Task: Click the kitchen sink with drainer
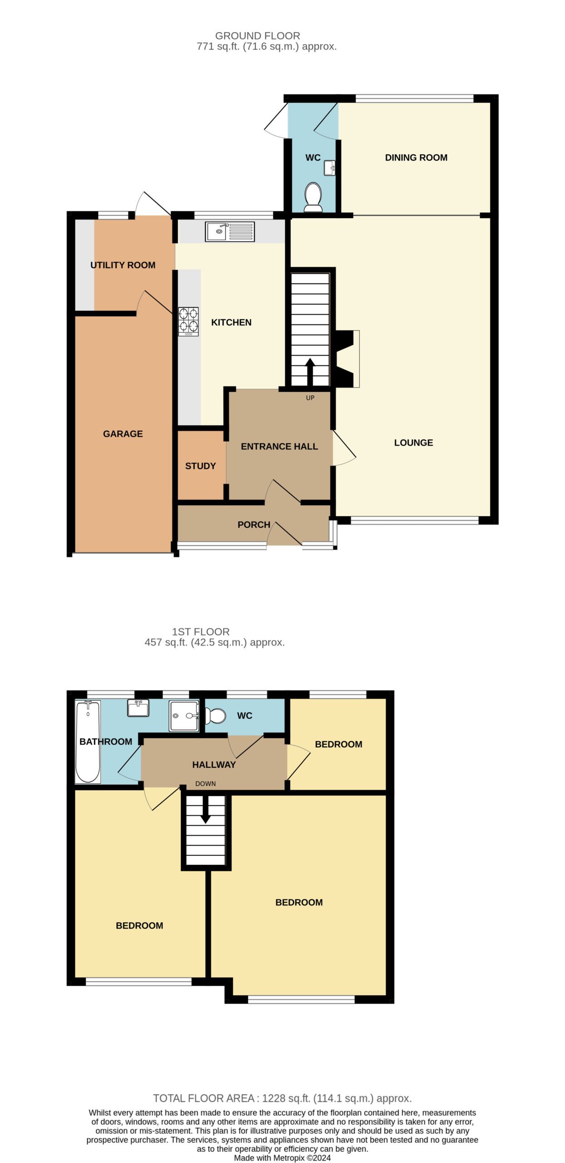point(229,231)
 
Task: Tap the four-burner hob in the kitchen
point(188,321)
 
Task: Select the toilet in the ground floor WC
point(313,197)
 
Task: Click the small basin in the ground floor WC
point(329,168)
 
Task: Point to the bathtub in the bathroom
point(88,741)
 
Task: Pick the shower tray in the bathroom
point(184,716)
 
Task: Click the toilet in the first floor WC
point(215,716)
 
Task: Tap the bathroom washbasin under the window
point(138,708)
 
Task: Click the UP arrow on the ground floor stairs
point(310,372)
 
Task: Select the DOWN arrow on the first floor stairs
point(205,809)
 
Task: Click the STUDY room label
point(200,466)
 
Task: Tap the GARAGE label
point(123,433)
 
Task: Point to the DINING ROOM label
point(416,157)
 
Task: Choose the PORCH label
point(254,524)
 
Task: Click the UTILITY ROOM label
point(123,265)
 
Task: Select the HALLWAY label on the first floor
point(214,765)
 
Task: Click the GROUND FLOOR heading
point(258,35)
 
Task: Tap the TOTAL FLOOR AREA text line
point(282,1098)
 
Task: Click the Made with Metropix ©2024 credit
point(282,1158)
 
